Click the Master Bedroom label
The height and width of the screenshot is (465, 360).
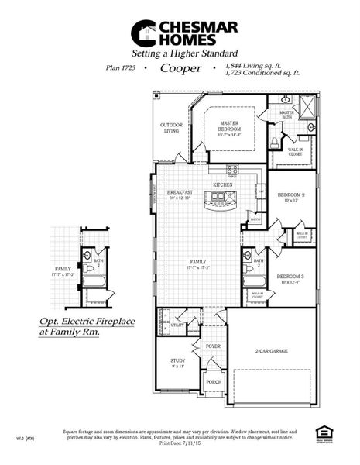click(228, 127)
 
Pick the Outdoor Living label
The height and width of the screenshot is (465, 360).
click(171, 128)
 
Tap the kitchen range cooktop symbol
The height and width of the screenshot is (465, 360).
click(232, 169)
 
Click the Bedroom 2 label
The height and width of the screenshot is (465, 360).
click(292, 195)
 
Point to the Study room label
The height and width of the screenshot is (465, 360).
click(177, 361)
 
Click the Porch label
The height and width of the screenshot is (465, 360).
click(213, 381)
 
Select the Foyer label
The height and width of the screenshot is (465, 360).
click(213, 346)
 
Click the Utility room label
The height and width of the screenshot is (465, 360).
click(177, 326)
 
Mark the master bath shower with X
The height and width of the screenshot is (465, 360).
click(307, 105)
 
